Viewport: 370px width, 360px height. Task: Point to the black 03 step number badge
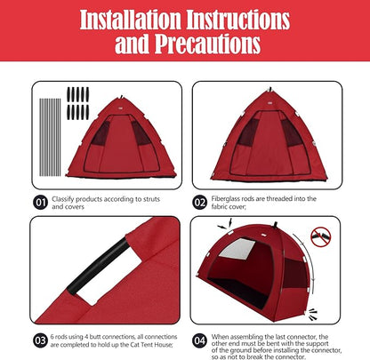pyautogui.click(x=41, y=339)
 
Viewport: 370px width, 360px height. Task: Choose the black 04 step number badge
pyautogui.click(x=200, y=339)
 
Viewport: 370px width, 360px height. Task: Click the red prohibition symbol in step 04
pyautogui.click(x=321, y=237)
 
